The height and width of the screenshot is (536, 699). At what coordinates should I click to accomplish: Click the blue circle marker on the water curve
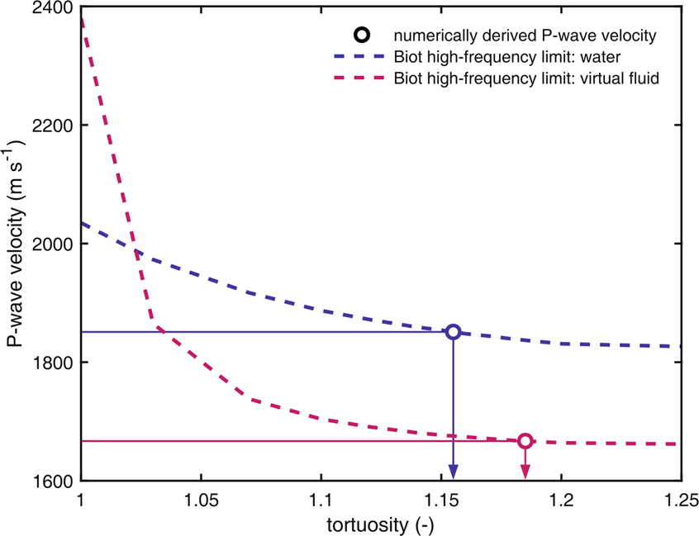point(453,332)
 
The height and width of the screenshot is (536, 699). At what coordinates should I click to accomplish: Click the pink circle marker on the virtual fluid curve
point(525,441)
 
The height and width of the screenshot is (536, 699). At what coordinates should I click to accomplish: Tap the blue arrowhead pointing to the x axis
point(453,472)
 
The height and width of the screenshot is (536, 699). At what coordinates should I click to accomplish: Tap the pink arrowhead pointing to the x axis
point(525,472)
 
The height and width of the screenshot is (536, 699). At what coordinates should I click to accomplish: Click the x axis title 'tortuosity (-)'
point(381,525)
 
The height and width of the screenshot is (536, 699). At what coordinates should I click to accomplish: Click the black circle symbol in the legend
point(361,36)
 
